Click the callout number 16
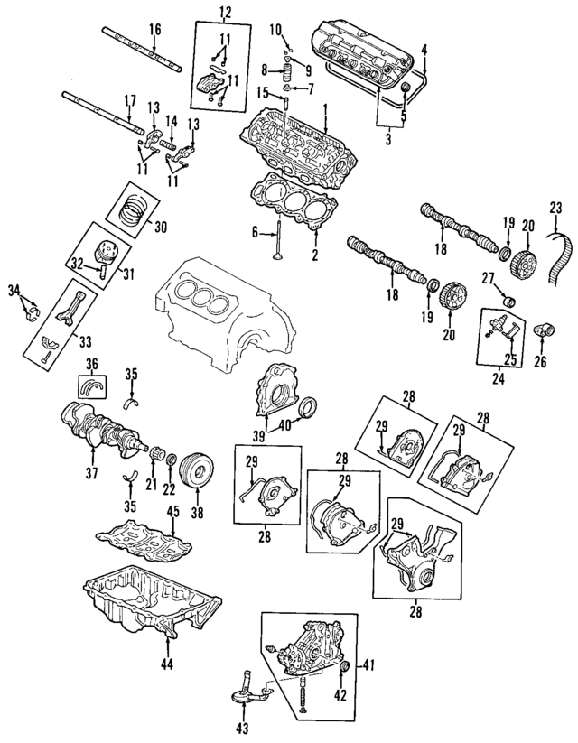click(x=155, y=30)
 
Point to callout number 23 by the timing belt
click(x=555, y=208)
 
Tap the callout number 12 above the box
click(x=225, y=13)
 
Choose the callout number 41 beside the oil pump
click(x=368, y=665)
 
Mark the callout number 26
click(x=540, y=361)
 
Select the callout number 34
click(x=15, y=289)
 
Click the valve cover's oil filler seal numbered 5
click(x=406, y=88)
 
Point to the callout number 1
click(x=326, y=110)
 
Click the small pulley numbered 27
click(x=509, y=301)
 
